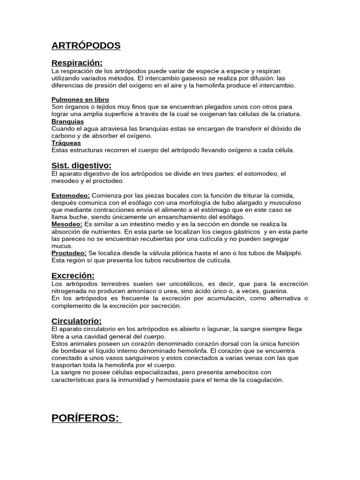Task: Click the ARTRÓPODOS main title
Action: tap(86, 45)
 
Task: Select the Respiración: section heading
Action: tap(77, 63)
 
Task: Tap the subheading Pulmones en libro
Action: tap(80, 99)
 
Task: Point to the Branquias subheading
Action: tap(67, 121)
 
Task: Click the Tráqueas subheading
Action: tap(66, 143)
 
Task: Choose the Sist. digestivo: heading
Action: tap(81, 165)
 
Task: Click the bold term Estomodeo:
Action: tap(70, 195)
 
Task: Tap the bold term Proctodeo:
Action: tap(69, 253)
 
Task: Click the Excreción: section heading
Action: tap(73, 276)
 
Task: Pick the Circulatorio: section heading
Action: tap(76, 321)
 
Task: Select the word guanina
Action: tap(275, 291)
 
